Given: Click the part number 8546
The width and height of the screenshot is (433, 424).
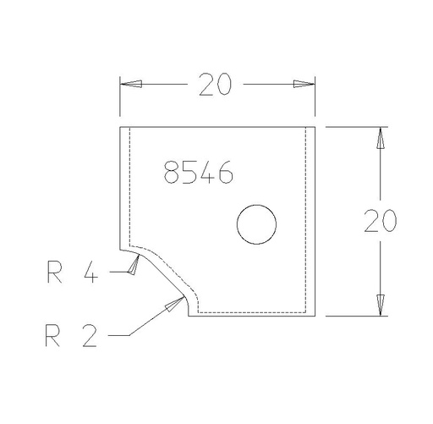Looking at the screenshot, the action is (x=199, y=172).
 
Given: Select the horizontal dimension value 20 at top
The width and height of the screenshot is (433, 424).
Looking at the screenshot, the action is (x=215, y=85).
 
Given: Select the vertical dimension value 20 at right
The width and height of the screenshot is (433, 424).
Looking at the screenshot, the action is (x=381, y=221).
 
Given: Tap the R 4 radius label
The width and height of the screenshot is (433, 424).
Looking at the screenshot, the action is (x=73, y=272).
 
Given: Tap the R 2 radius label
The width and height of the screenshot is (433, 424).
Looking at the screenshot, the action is (x=71, y=335).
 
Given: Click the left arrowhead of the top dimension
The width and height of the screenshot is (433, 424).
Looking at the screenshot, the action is (x=130, y=84).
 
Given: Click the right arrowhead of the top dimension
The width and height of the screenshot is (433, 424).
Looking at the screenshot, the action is (x=304, y=84).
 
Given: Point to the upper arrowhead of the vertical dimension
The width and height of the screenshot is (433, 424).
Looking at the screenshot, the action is (x=381, y=138).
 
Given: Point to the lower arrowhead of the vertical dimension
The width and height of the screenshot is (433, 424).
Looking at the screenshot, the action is (x=381, y=306).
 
